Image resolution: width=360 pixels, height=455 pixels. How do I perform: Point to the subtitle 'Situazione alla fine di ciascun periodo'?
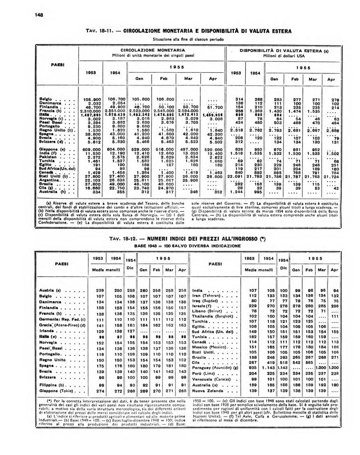(180, 38)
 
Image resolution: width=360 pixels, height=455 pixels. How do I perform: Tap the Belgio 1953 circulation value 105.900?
(91, 99)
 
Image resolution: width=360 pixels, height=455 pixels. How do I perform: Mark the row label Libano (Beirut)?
(210, 311)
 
